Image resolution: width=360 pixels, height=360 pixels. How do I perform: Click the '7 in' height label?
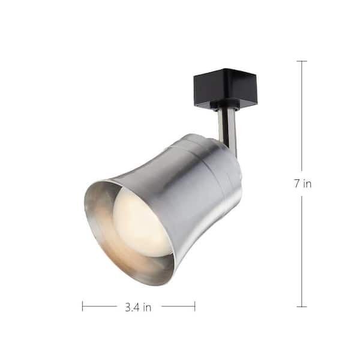(302, 184)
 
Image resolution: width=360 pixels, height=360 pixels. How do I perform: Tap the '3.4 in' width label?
(138, 307)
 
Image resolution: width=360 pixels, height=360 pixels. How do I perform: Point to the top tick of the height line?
(301, 61)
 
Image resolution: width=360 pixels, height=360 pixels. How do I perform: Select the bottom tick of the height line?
(301, 307)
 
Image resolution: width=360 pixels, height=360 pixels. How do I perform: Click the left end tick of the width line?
(83, 307)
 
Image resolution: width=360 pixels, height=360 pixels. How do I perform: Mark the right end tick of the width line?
(194, 307)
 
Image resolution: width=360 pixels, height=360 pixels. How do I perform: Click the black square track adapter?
(225, 88)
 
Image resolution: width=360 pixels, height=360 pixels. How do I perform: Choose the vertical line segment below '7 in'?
(301, 252)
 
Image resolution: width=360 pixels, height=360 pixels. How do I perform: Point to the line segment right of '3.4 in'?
(178, 307)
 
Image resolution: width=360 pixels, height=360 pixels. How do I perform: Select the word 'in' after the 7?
(307, 184)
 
